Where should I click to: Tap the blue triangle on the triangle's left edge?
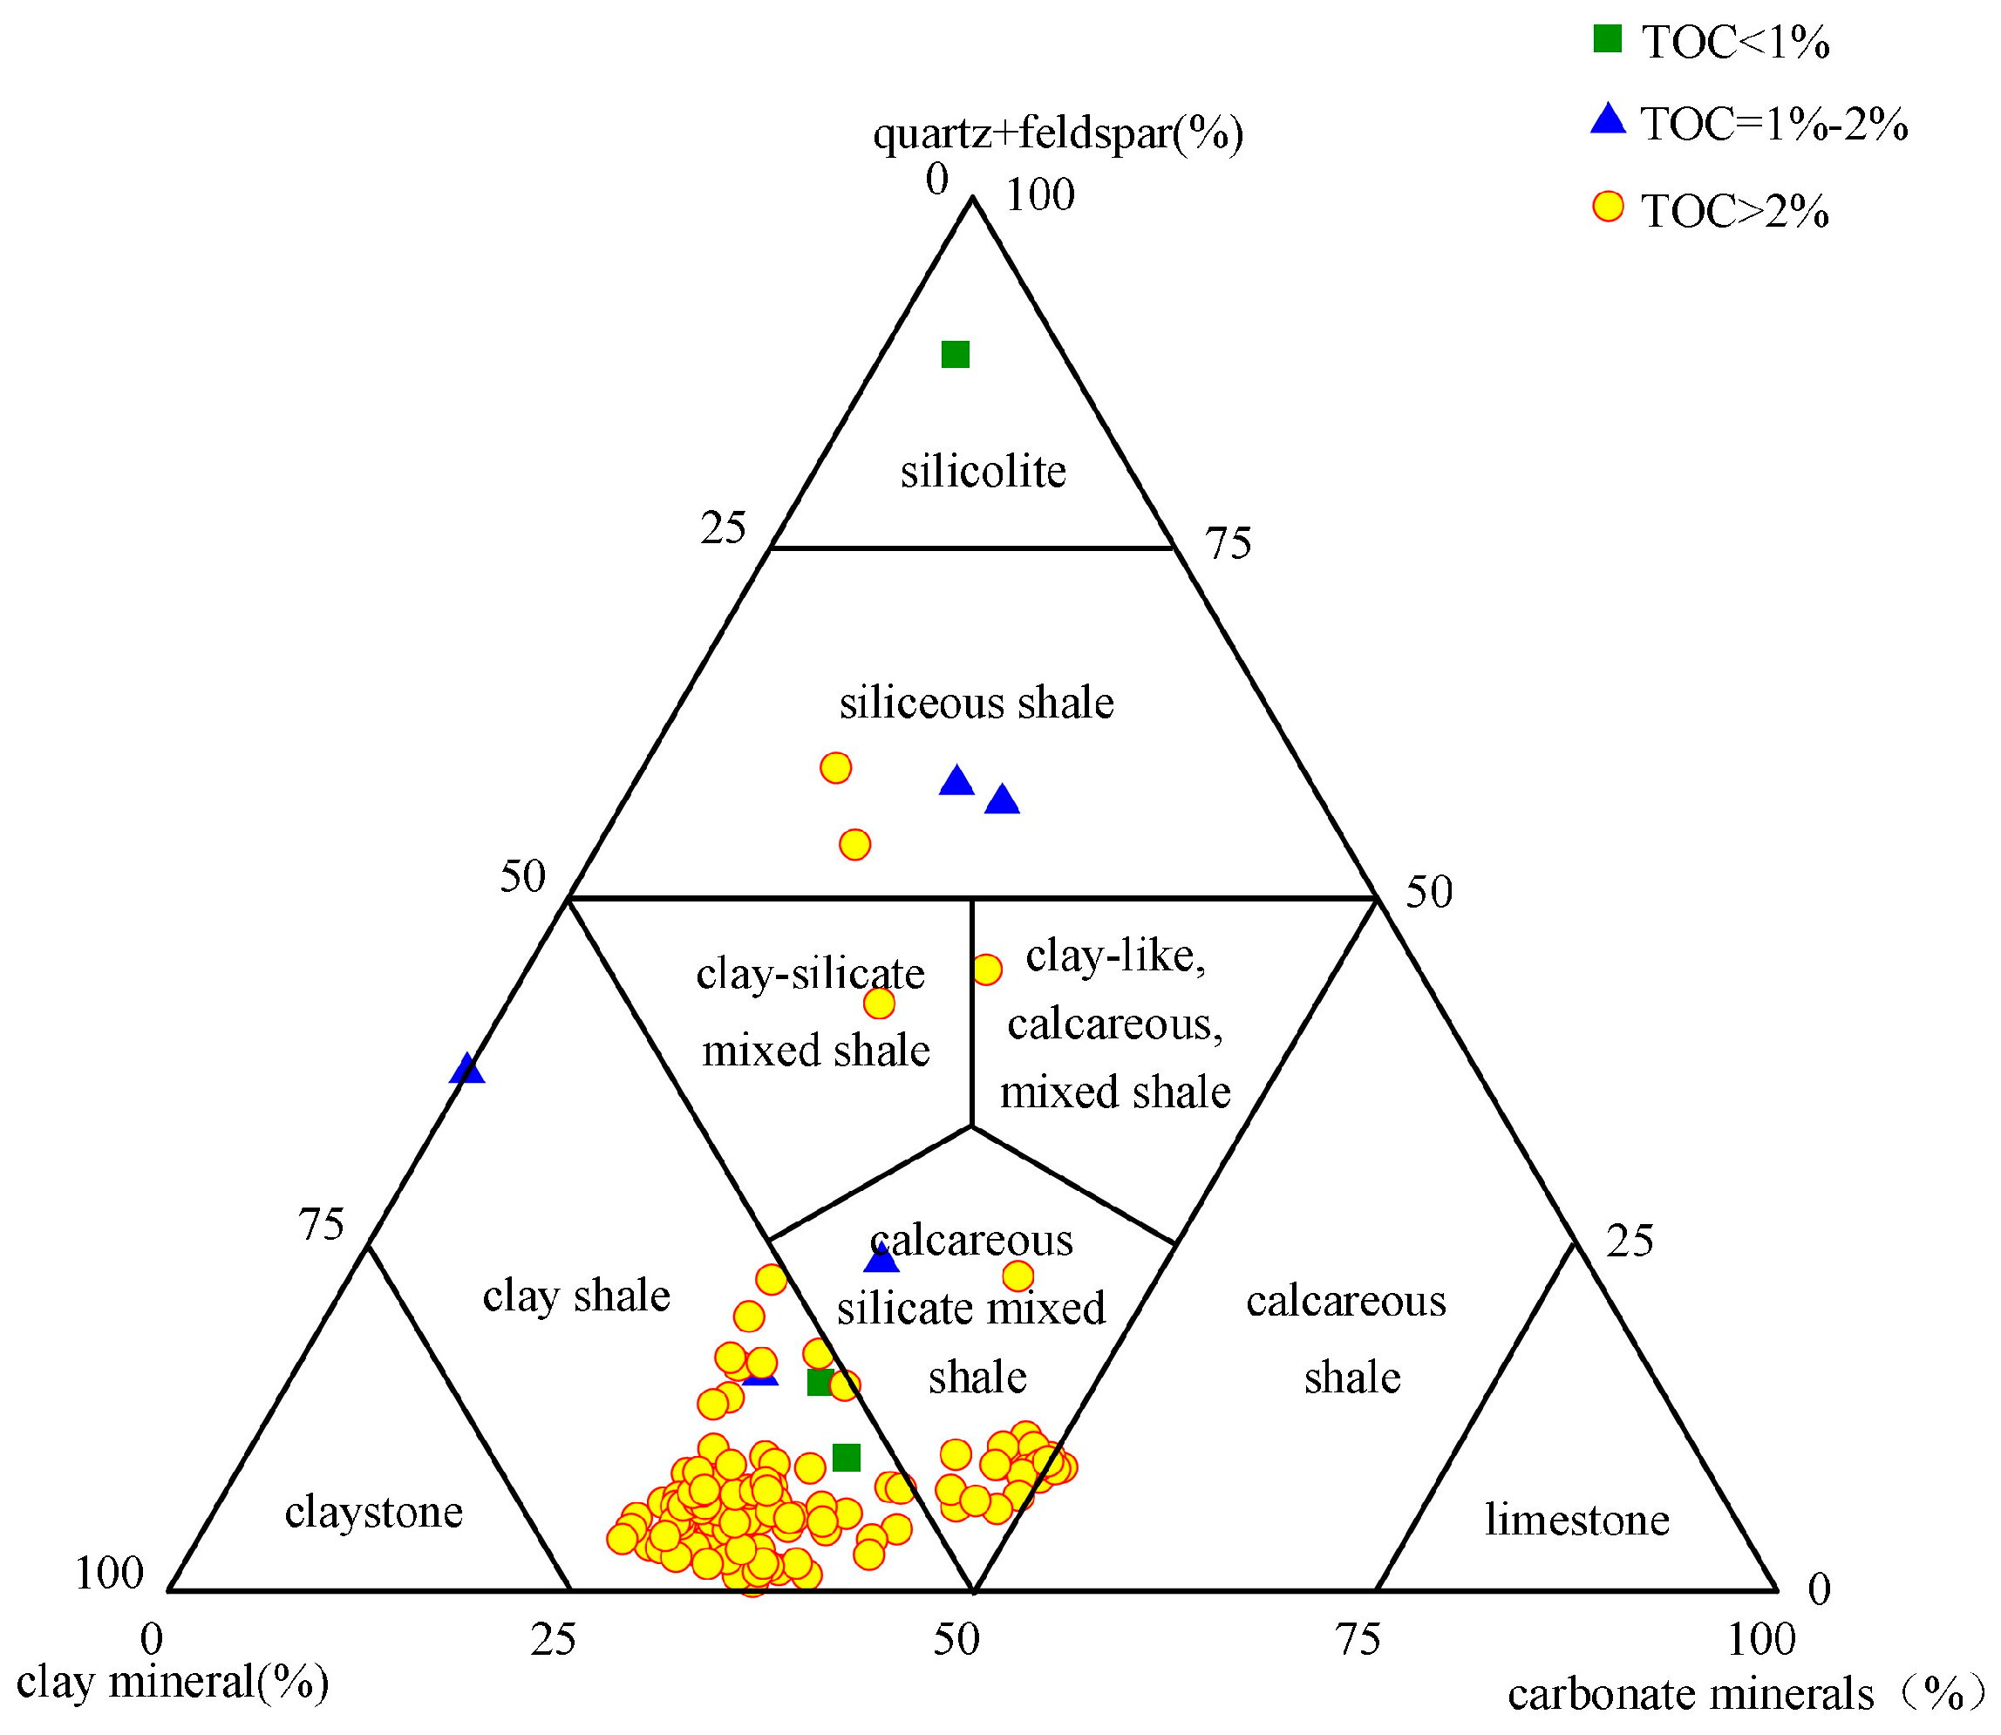tap(467, 1069)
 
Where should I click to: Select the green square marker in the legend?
tap(1607, 38)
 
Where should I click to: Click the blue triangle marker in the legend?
tap(1607, 120)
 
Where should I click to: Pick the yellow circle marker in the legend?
tap(1607, 208)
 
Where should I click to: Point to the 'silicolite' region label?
tap(983, 473)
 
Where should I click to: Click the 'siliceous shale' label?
tap(976, 703)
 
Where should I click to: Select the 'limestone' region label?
tap(1577, 1520)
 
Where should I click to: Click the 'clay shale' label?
tap(576, 1296)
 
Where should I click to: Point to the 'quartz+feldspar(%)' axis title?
tap(1057, 133)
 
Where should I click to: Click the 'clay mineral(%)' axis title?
tap(173, 1683)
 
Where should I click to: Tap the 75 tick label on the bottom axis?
tap(1358, 1640)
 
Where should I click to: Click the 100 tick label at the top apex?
tap(1039, 195)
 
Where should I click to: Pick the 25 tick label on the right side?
tap(1630, 1242)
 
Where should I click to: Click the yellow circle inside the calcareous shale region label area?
tap(1018, 1276)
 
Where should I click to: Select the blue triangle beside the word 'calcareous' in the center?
tap(881, 1260)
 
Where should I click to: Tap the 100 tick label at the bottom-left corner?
tap(108, 1575)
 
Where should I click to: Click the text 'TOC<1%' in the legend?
tap(1735, 43)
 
